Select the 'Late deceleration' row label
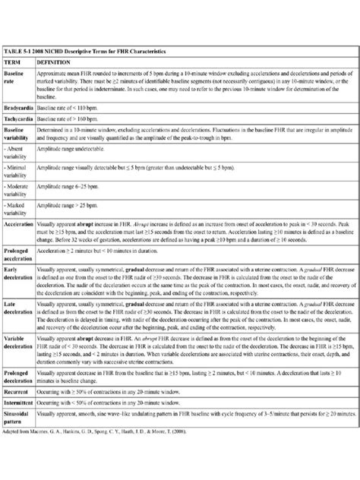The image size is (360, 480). pyautogui.click(x=21, y=331)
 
